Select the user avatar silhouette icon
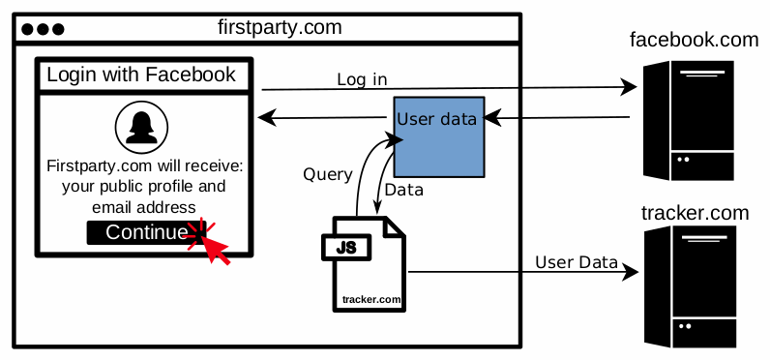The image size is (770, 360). (x=142, y=127)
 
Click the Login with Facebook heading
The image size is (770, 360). (x=141, y=75)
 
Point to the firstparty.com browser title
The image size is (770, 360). (x=280, y=27)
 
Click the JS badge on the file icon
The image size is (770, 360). (x=346, y=248)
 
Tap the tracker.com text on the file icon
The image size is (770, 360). (x=371, y=299)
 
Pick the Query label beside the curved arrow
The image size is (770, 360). (x=327, y=175)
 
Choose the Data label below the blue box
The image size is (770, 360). (x=404, y=190)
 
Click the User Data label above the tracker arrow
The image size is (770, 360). (x=577, y=261)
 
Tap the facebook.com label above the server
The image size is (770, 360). (x=693, y=40)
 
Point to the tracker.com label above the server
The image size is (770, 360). (x=695, y=212)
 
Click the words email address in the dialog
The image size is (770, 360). (x=144, y=207)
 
